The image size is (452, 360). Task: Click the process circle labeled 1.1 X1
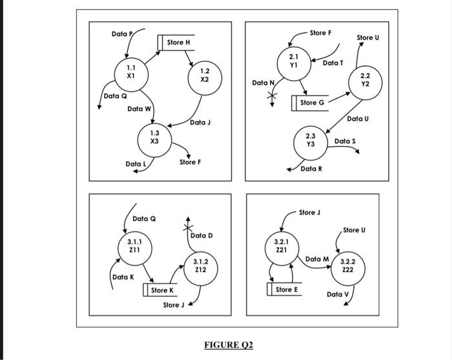(130, 71)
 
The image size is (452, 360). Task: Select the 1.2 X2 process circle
(204, 76)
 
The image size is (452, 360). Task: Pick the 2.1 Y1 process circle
(294, 63)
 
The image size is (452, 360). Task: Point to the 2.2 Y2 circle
(365, 80)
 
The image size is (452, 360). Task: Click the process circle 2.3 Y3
(311, 141)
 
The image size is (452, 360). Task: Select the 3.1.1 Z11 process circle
(134, 246)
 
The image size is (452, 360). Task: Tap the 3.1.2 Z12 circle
(201, 266)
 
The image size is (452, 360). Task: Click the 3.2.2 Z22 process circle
(347, 266)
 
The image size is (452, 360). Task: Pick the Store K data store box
(160, 290)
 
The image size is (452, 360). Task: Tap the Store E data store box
(285, 290)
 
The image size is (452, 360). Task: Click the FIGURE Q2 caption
(225, 344)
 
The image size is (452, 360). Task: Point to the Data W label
(139, 109)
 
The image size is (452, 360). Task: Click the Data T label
(333, 63)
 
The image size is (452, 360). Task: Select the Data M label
(317, 259)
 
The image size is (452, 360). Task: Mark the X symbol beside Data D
(188, 228)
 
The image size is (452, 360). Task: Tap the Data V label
(337, 294)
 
